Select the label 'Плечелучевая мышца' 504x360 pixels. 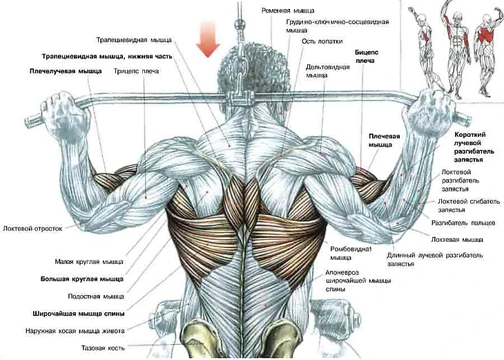66,70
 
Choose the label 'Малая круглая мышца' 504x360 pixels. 89,262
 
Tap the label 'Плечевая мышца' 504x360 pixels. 384,141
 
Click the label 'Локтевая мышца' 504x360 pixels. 456,239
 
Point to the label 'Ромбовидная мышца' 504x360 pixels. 351,253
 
